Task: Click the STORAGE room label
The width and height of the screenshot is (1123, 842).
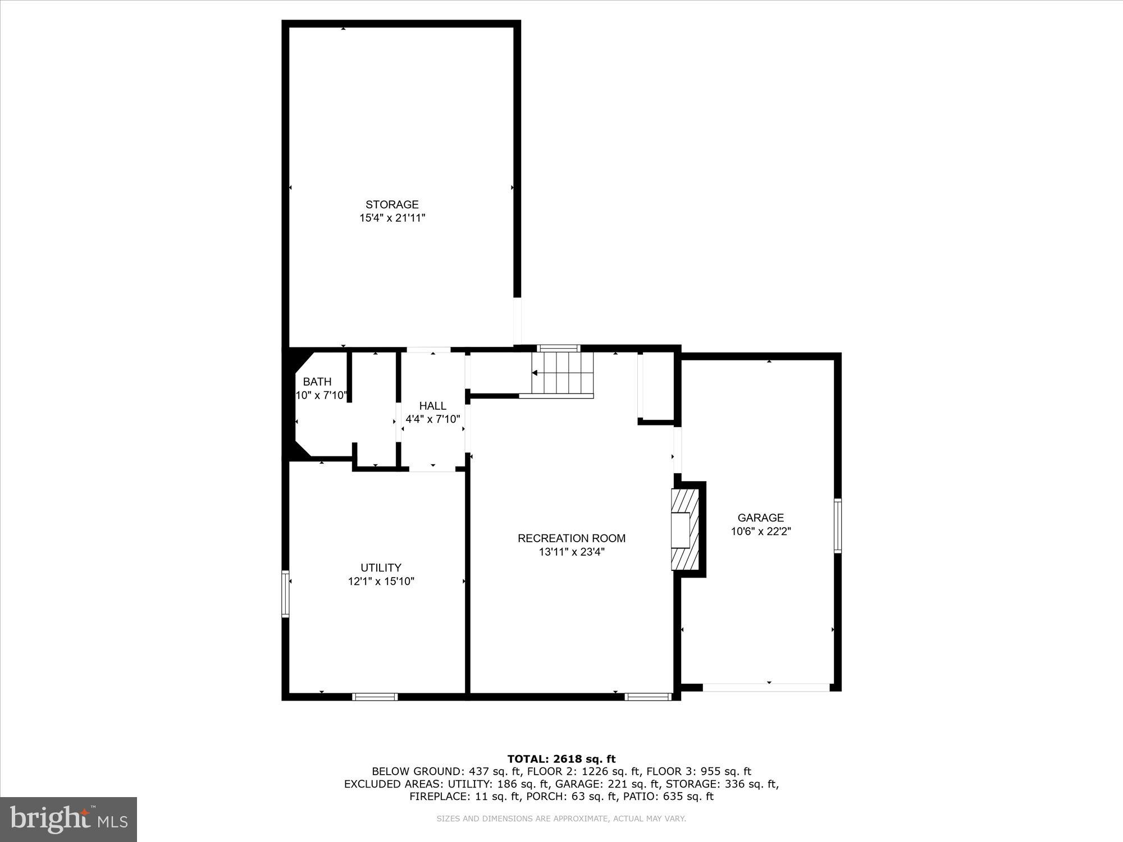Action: coord(392,205)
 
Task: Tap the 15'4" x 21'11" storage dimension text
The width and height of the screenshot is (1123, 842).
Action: coord(392,218)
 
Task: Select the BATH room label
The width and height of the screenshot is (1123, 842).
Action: coord(317,382)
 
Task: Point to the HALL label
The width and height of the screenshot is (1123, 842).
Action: coord(432,406)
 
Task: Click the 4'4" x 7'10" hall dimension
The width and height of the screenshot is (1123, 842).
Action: coord(432,419)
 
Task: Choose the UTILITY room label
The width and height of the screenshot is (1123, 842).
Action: coord(381,568)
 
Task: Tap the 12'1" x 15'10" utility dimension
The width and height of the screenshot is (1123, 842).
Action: coord(381,582)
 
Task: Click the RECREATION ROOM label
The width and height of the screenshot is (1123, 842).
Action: coord(571,538)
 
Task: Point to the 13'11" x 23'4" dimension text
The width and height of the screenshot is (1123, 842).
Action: coord(571,552)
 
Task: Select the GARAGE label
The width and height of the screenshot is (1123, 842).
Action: coord(760,518)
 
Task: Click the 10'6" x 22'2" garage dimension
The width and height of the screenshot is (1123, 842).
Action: coord(760,532)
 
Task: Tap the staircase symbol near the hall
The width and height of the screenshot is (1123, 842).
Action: coord(563,373)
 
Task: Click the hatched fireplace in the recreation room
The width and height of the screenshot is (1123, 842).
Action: coord(685,529)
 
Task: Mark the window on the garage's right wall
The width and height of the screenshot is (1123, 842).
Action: coord(837,525)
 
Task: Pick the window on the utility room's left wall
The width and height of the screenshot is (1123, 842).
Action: coord(285,594)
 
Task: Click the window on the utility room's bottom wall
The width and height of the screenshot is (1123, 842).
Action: coord(375,697)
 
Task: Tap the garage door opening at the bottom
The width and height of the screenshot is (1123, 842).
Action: coord(766,687)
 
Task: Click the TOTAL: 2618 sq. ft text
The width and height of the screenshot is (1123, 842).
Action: coord(561,759)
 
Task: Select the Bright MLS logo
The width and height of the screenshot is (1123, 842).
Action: coord(69,820)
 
